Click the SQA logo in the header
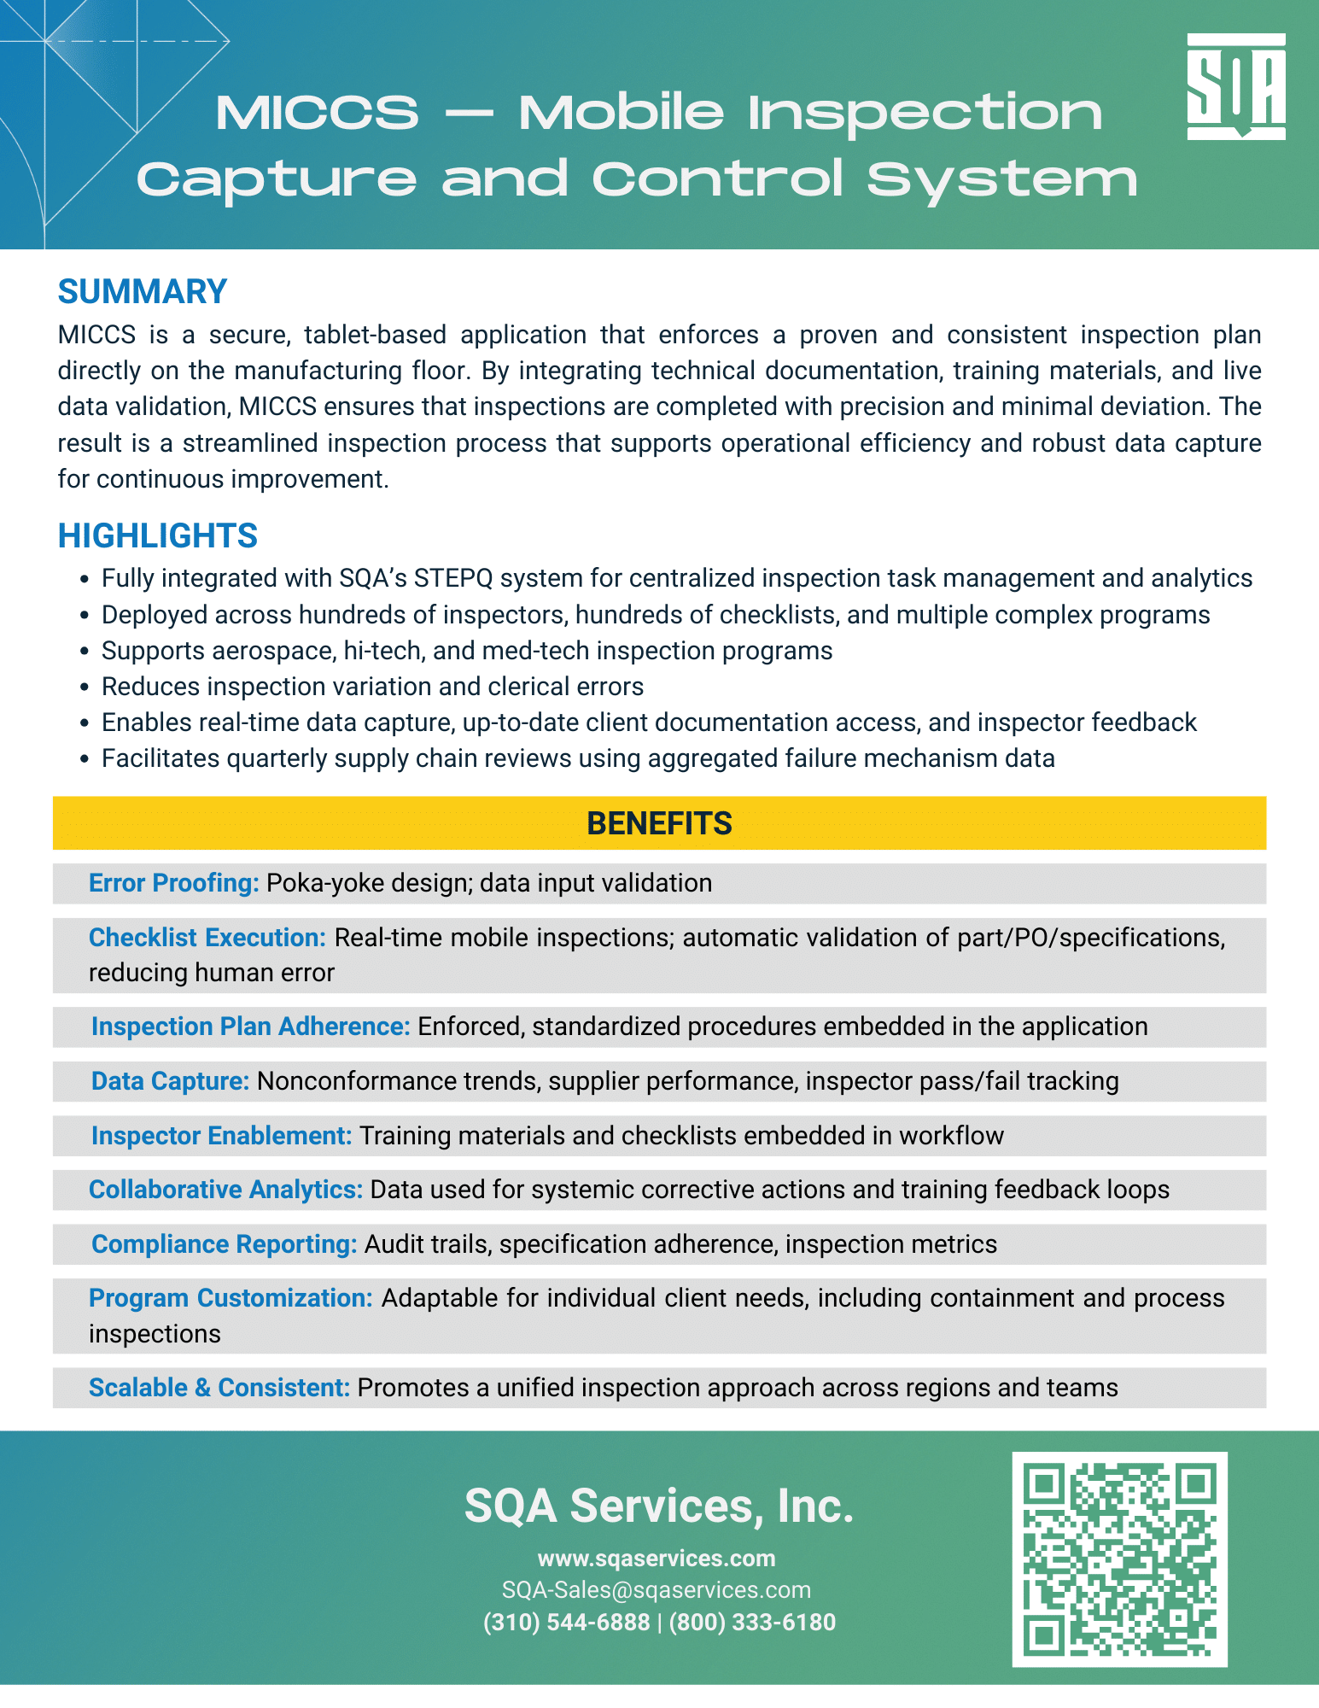[1235, 86]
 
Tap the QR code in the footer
[1119, 1559]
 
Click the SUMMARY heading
[142, 292]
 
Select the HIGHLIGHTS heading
[157, 536]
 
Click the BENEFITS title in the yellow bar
[659, 823]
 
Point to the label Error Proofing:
[173, 883]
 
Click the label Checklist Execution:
[207, 938]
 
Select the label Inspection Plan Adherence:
[251, 1027]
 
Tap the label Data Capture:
[170, 1081]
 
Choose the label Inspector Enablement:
[221, 1136]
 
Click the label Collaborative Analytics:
[225, 1190]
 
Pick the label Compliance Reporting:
[224, 1244]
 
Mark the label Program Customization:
[231, 1298]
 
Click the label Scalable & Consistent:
[219, 1388]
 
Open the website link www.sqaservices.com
[657, 1559]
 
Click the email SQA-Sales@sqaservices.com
[657, 1590]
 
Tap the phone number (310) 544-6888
[567, 1623]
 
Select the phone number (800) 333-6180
[752, 1623]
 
